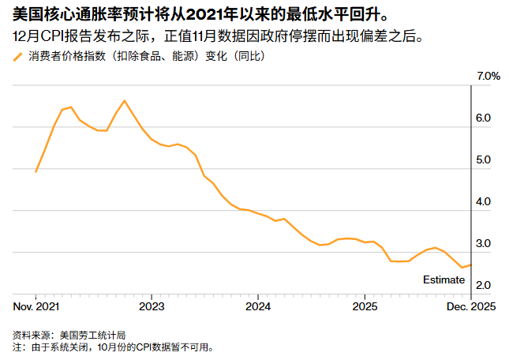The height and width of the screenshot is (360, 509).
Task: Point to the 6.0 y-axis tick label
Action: pyautogui.click(x=484, y=118)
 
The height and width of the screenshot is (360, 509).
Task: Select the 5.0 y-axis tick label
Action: pyautogui.click(x=484, y=159)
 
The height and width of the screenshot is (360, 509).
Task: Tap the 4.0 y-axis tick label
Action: pyautogui.click(x=484, y=201)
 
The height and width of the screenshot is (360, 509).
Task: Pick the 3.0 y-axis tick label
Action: pyautogui.click(x=484, y=243)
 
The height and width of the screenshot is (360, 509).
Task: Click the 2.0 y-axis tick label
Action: pyautogui.click(x=484, y=285)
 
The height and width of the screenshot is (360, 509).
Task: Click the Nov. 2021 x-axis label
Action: pyautogui.click(x=37, y=306)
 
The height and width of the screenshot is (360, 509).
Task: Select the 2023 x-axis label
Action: pyautogui.click(x=152, y=306)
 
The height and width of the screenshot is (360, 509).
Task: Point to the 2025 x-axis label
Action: pyautogui.click(x=365, y=306)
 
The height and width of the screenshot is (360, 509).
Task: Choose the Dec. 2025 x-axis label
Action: pyautogui.click(x=470, y=306)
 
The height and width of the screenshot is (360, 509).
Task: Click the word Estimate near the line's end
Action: pyautogui.click(x=444, y=279)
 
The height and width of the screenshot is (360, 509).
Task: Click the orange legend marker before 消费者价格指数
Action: pyautogui.click(x=18, y=57)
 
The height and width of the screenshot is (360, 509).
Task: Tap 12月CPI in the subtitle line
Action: pyautogui.click(x=37, y=36)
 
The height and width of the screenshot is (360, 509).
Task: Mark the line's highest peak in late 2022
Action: pyautogui.click(x=125, y=100)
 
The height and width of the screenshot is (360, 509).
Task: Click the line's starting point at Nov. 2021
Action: pyautogui.click(x=36, y=171)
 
